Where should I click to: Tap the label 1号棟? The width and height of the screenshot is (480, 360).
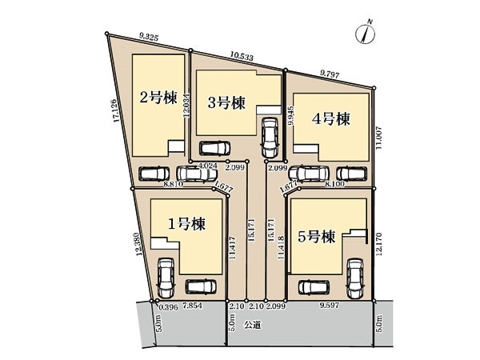[x=186, y=225]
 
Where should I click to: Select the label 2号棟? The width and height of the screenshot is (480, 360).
[x=158, y=98]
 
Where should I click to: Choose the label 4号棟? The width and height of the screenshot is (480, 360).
[x=331, y=119]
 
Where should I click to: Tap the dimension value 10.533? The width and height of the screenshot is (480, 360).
[x=241, y=58]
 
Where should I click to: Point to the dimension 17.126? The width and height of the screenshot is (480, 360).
[x=117, y=112]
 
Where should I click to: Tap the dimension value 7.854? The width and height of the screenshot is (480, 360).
[x=193, y=306]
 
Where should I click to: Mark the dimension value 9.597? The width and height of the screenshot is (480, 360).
[x=328, y=306]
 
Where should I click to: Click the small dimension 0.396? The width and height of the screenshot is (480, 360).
[x=167, y=306]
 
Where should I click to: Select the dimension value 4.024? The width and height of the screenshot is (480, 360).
[x=207, y=166]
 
